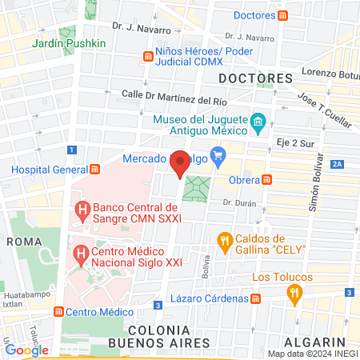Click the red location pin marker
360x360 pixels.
pos(180,162)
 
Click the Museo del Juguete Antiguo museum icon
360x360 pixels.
pos(258,123)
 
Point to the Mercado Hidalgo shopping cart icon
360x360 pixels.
pos(216,154)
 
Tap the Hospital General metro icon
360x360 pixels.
pos(95,170)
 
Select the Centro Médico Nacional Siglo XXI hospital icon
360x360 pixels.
pos(80,255)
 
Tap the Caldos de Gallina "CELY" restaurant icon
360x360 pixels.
pos(226,239)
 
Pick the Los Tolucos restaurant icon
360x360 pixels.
pos(296,294)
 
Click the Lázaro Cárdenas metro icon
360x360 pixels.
pos(255,298)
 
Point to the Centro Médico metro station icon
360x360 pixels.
pos(58,312)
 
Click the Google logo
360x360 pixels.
pos(26,350)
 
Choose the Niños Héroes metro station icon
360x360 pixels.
pos(148,56)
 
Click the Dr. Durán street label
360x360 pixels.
pos(239,203)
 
